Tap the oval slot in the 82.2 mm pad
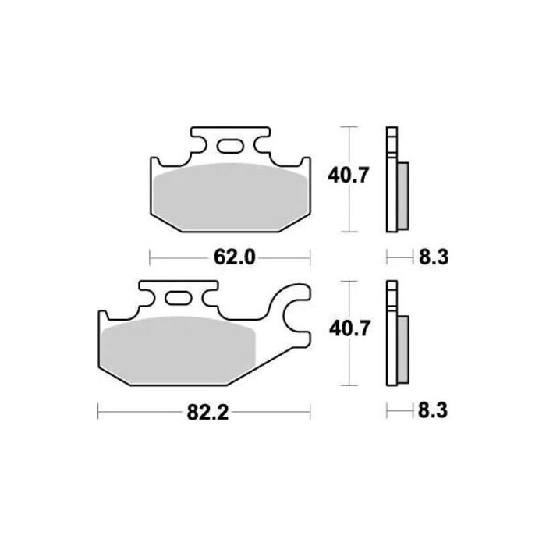tap(178, 299)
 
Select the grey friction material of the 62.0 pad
tap(229, 195)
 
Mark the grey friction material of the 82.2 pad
tap(179, 347)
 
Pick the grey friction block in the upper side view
tap(402, 195)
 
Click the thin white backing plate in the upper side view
tap(391, 179)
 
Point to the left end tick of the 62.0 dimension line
tap(149, 256)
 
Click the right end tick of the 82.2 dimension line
tap(311, 410)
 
